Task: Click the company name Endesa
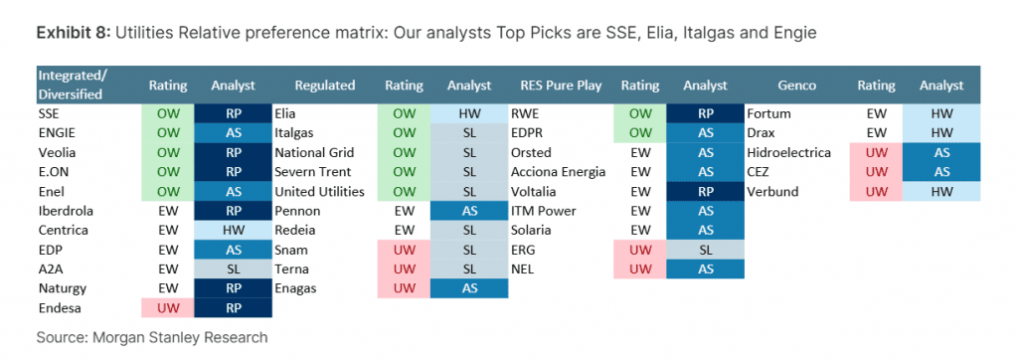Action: click(60, 308)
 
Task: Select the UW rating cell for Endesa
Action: click(168, 308)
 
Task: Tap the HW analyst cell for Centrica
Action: click(233, 230)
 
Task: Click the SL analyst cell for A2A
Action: click(233, 270)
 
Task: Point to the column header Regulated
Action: click(325, 86)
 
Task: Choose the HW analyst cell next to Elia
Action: click(469, 113)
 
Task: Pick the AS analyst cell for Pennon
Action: click(469, 211)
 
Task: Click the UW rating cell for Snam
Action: click(404, 251)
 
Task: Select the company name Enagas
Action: click(296, 288)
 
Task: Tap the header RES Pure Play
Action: click(561, 86)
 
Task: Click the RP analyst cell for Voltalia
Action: click(705, 192)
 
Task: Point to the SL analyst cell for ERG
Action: click(705, 251)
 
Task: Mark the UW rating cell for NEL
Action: click(640, 270)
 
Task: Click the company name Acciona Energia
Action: click(558, 172)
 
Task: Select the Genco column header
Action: click(797, 86)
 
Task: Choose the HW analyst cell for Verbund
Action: click(941, 192)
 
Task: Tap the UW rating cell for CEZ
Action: click(877, 172)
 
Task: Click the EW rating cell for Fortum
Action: click(877, 113)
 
